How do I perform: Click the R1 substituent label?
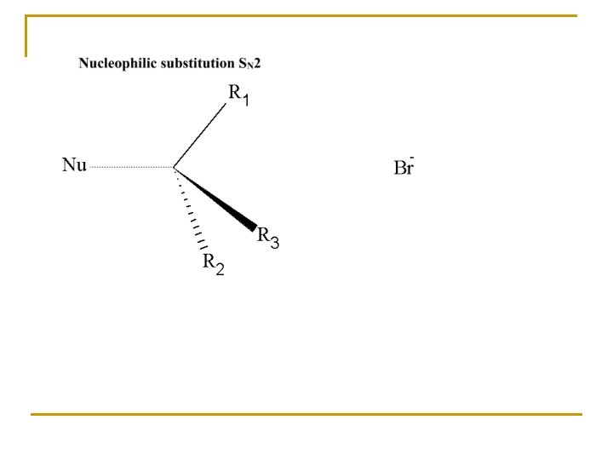(x=239, y=95)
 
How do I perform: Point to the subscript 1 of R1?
(x=246, y=101)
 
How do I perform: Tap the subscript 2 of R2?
(x=220, y=270)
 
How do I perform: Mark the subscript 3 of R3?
(x=274, y=244)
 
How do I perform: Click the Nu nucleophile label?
(x=74, y=165)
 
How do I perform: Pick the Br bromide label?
(x=404, y=168)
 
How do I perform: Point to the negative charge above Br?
(x=413, y=158)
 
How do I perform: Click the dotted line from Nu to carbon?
(x=132, y=167)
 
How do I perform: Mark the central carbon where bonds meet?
(x=175, y=167)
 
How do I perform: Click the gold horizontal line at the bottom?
(x=306, y=415)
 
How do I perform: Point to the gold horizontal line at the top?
(x=306, y=16)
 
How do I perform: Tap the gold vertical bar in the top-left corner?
(x=26, y=36)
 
